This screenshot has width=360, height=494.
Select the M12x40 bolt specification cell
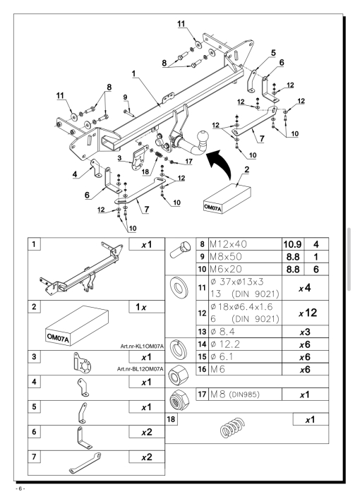click(245, 244)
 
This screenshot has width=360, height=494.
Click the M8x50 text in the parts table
click(226, 256)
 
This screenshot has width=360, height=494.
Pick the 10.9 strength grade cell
click(292, 244)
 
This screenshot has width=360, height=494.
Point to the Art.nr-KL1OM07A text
click(142, 347)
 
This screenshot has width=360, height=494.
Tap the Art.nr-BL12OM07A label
click(140, 369)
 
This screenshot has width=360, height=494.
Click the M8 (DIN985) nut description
click(234, 394)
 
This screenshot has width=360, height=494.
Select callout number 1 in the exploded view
click(133, 73)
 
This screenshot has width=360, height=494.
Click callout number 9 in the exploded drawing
click(125, 97)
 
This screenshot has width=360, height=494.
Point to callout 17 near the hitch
click(188, 162)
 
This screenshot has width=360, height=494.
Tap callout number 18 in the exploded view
click(145, 171)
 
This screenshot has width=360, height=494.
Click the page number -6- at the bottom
click(20, 488)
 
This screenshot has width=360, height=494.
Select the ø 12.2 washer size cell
click(225, 344)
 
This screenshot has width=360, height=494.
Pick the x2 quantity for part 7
click(147, 457)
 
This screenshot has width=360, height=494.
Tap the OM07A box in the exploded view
click(227, 198)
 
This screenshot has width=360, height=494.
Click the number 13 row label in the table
click(202, 332)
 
